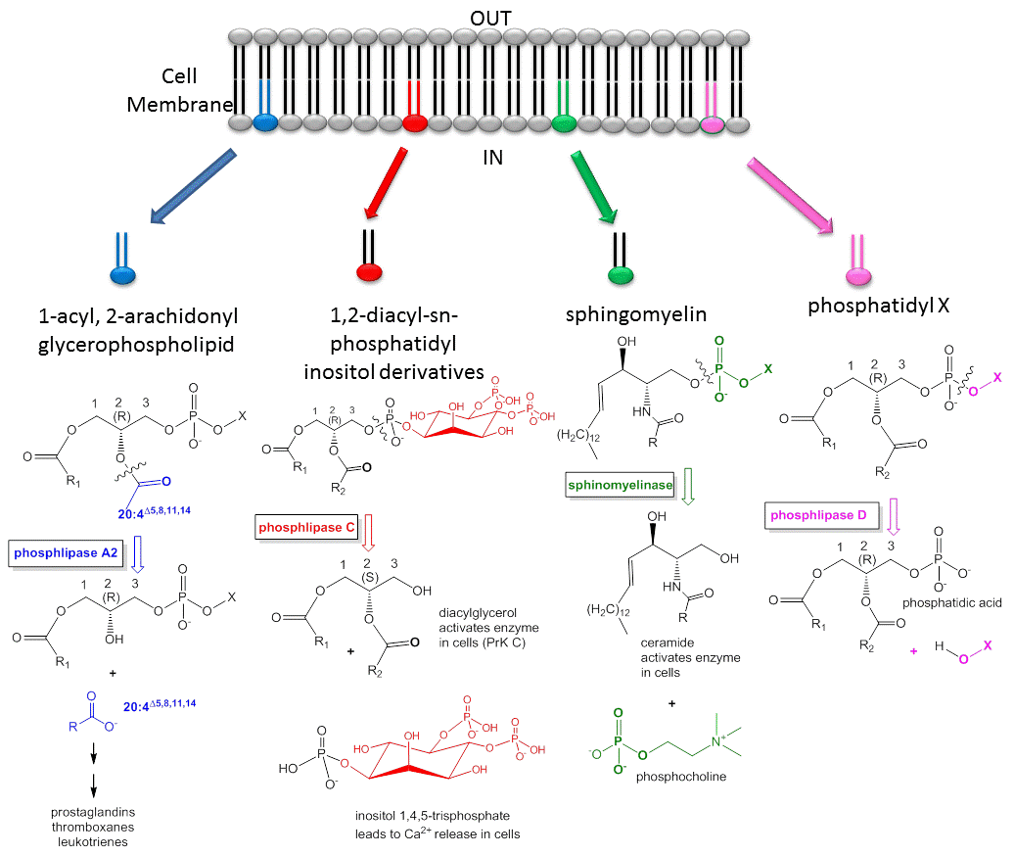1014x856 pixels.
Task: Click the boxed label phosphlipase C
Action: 304,528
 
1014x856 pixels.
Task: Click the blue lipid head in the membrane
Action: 264,123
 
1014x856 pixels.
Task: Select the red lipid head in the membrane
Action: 414,123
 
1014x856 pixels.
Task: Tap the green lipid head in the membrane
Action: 564,123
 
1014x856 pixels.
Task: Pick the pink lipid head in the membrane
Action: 713,123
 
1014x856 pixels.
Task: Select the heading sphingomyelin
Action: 624,314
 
